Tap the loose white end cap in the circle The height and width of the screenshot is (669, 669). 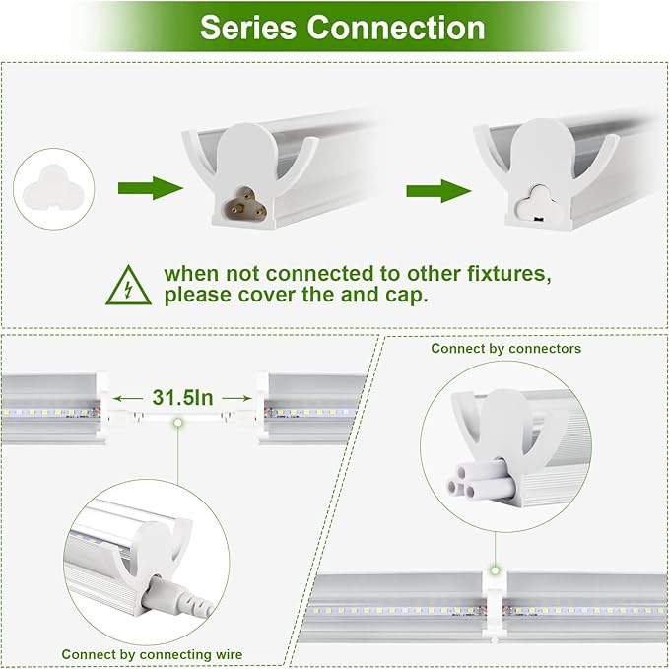(54, 187)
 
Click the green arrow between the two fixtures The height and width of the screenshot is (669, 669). (438, 188)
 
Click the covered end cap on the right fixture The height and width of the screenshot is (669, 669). (536, 200)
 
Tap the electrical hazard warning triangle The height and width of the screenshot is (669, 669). (129, 284)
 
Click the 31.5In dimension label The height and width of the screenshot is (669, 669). (183, 397)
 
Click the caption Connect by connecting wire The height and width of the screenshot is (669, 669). (152, 654)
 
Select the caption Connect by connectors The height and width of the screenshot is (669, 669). (505, 348)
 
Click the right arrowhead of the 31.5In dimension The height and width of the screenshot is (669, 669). (247, 397)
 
